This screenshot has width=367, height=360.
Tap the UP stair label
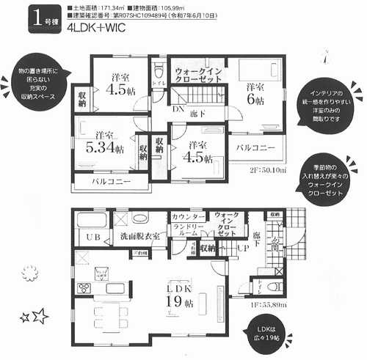[x=239, y=249]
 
